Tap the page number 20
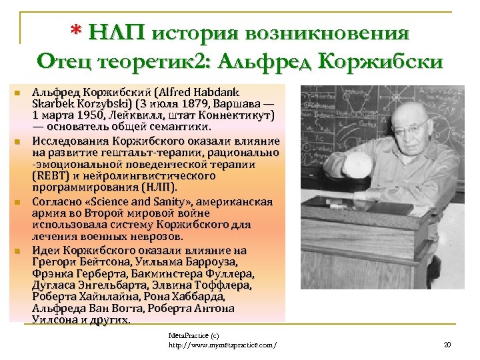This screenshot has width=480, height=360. click(x=447, y=345)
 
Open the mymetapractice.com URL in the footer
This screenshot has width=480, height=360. click(x=223, y=345)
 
